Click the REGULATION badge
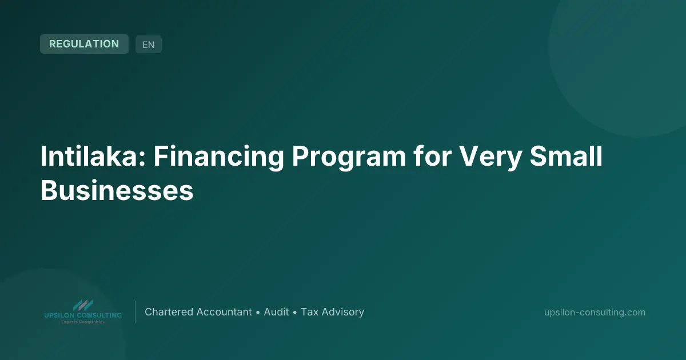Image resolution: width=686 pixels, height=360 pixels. point(84,44)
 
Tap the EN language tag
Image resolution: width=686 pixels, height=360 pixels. point(149,45)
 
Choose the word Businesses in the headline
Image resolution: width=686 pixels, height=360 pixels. point(117,190)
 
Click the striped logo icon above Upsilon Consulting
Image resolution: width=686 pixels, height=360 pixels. point(83,305)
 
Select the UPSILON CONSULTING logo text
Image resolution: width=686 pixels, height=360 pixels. point(83,315)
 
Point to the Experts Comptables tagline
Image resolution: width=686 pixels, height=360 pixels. point(83,322)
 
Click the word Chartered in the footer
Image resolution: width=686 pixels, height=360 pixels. point(169,312)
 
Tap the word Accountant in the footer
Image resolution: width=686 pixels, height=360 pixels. point(224,312)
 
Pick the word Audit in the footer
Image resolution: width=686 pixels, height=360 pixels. point(276,312)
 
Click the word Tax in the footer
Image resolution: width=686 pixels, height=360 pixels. point(309,312)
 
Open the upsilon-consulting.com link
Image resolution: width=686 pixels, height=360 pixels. point(595,312)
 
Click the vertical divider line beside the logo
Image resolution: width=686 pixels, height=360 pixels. point(135,312)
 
